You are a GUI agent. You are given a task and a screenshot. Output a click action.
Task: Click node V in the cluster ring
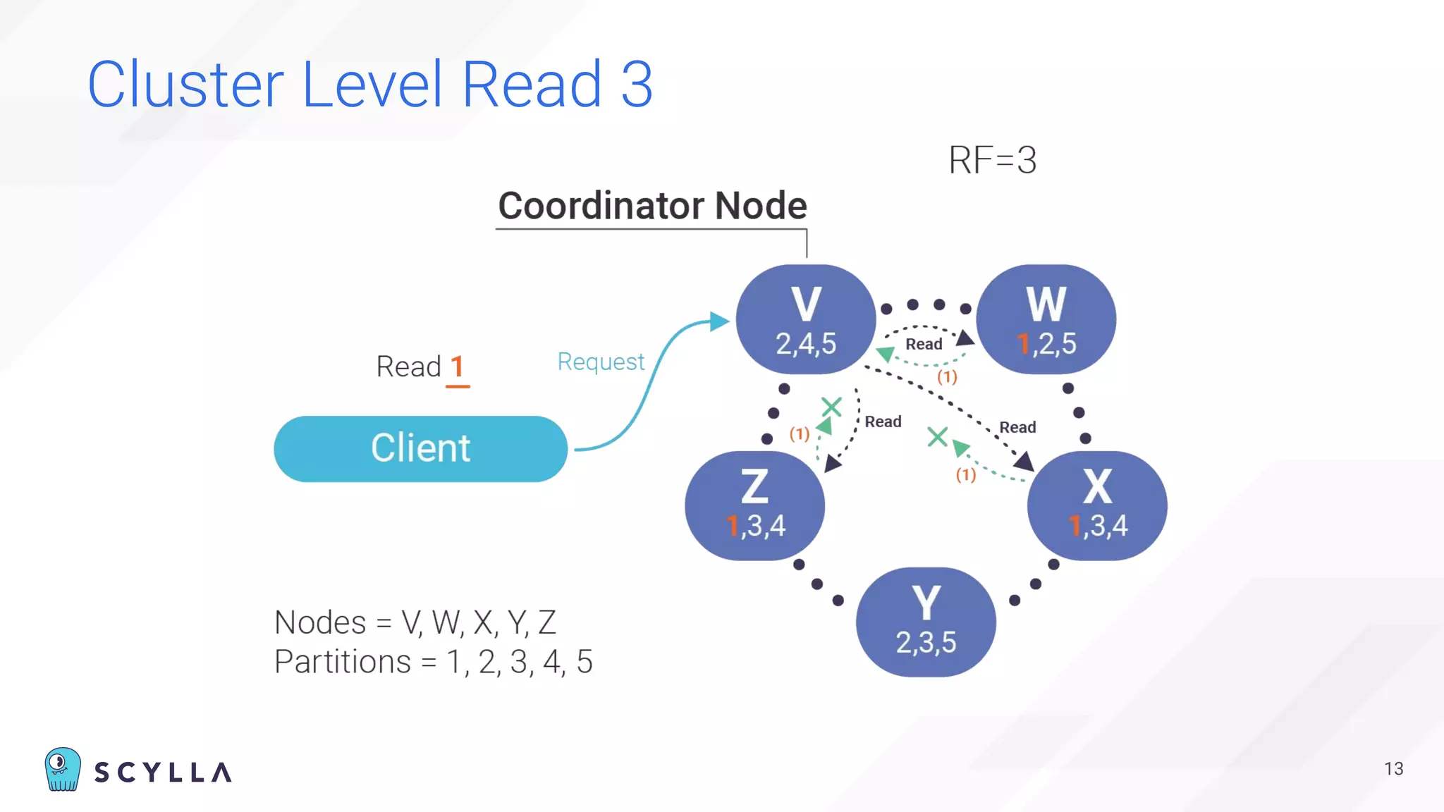click(x=806, y=319)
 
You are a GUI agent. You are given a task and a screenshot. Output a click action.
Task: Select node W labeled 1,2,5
click(x=1046, y=319)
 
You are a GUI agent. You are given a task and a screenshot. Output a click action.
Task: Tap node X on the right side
click(x=1097, y=505)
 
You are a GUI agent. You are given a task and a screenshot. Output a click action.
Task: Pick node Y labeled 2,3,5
click(x=926, y=622)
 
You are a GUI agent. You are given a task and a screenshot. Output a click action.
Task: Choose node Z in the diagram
click(x=754, y=505)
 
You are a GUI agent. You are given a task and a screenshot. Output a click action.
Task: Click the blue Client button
click(x=420, y=449)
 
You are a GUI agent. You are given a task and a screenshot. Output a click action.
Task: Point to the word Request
click(x=601, y=362)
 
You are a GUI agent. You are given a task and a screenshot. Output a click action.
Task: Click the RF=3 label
click(x=992, y=160)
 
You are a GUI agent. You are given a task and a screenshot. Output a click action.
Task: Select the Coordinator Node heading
click(x=652, y=206)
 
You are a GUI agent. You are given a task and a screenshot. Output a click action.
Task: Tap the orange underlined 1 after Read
click(x=457, y=367)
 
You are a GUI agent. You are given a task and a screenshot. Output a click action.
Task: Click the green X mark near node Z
click(x=832, y=407)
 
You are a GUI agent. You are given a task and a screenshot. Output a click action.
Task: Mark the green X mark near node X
click(x=937, y=437)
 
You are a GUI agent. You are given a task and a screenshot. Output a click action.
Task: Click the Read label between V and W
click(x=924, y=344)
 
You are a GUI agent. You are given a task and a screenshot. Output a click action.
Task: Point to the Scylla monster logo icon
click(x=63, y=769)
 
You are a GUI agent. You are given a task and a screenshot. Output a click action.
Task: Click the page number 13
click(x=1393, y=769)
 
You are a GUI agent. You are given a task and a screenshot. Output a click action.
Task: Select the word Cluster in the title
click(x=185, y=85)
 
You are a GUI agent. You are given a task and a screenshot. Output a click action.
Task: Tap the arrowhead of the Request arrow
click(x=719, y=321)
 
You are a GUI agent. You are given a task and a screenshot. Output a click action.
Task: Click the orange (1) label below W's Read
click(x=947, y=376)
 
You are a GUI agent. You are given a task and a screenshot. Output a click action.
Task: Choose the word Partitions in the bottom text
click(x=342, y=662)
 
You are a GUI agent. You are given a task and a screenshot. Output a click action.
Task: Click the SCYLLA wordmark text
click(x=163, y=773)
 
